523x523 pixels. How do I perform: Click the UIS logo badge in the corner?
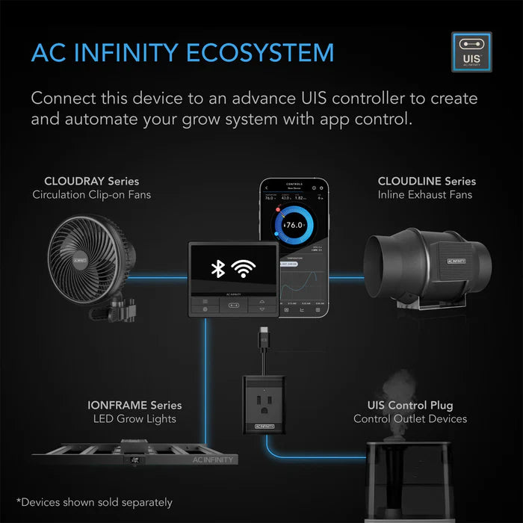[x=471, y=53]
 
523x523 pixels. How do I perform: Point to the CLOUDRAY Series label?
[x=91, y=181]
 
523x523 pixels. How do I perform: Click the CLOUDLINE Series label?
[x=427, y=181]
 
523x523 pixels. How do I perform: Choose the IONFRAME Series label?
[x=134, y=405]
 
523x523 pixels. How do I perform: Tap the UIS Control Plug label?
[x=410, y=405]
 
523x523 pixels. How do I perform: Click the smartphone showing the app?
[x=294, y=247]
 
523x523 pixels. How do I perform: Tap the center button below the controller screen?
[x=234, y=306]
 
